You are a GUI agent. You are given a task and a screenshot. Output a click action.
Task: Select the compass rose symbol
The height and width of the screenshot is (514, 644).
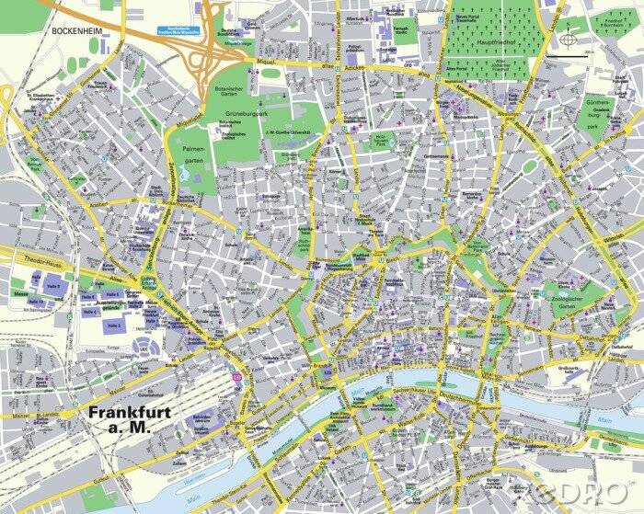[569, 39]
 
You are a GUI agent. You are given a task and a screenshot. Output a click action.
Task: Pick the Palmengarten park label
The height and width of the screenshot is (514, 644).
[193, 154]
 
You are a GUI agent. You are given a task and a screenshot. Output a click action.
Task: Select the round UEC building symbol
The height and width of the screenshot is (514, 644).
[144, 345]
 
